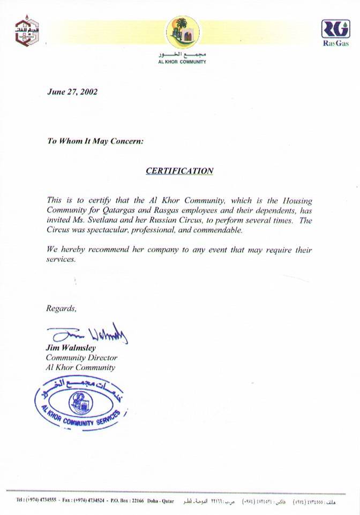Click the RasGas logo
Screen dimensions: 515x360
335,32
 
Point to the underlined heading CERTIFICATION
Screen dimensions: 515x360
179,171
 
